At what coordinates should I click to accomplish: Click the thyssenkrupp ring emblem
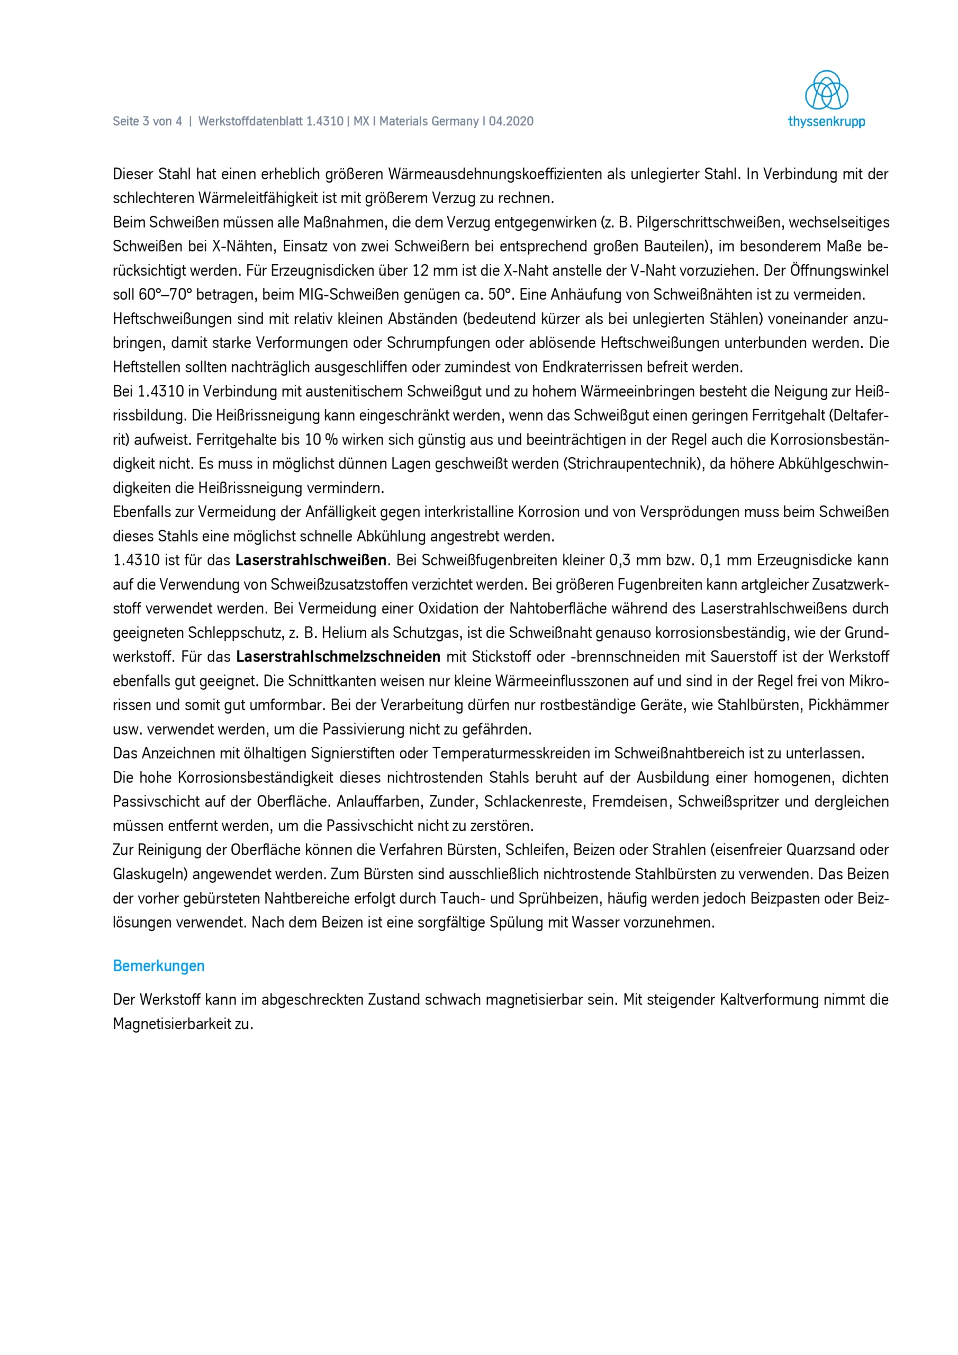point(826,91)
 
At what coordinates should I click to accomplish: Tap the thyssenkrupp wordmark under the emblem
point(826,122)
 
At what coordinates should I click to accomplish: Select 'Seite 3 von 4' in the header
point(147,122)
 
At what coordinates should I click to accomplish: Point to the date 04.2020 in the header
point(511,122)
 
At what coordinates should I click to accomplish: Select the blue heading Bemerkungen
point(159,965)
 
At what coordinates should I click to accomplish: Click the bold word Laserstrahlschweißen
point(311,560)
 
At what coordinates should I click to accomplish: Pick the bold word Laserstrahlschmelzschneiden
point(338,656)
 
